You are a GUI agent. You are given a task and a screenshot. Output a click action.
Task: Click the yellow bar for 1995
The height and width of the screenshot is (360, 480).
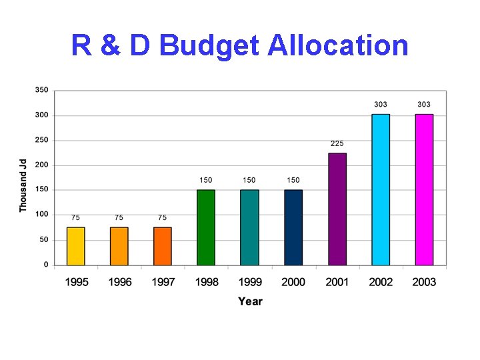(76, 246)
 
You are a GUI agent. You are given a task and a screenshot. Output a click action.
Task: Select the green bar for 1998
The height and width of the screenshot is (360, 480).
(206, 227)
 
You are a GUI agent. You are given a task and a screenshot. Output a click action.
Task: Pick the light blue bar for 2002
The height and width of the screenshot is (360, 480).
(381, 189)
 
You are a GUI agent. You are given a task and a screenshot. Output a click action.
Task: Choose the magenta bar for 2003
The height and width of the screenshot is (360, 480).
(424, 189)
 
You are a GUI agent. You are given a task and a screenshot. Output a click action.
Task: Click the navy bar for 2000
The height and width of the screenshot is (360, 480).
(293, 227)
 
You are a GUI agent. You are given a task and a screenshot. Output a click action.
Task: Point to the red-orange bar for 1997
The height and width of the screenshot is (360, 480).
(163, 246)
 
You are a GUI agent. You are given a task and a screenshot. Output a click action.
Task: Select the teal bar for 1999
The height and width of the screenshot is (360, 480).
(249, 227)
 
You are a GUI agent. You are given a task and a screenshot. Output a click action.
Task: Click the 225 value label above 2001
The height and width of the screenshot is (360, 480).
(337, 143)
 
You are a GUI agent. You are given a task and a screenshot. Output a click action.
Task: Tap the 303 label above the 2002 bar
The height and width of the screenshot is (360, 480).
(381, 105)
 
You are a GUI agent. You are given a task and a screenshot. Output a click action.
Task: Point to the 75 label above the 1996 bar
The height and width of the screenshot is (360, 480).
(119, 217)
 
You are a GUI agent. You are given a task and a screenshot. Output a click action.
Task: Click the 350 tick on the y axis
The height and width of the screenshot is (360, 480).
(41, 90)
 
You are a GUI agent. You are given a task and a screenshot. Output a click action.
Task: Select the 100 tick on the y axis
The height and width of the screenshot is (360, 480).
(41, 215)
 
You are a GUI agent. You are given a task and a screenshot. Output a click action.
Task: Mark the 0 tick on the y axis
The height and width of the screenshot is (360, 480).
(45, 265)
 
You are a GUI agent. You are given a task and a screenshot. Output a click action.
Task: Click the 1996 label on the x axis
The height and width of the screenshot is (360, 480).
(120, 282)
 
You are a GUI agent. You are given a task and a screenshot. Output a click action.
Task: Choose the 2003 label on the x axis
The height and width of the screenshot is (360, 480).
(424, 282)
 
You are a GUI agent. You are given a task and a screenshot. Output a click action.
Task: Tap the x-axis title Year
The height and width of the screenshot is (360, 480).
(250, 301)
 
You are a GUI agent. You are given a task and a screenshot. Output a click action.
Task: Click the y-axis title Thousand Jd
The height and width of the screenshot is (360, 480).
(23, 185)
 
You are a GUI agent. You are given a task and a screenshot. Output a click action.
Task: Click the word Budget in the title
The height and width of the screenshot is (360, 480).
(210, 46)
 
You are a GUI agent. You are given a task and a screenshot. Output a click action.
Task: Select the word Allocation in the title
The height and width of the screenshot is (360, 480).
(338, 46)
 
